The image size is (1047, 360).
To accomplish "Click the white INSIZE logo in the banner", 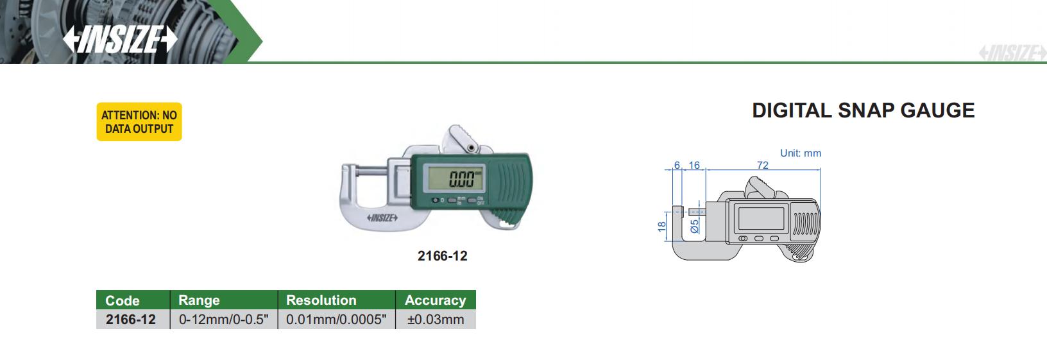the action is click(x=120, y=39).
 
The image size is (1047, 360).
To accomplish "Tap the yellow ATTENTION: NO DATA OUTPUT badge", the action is click(x=139, y=121).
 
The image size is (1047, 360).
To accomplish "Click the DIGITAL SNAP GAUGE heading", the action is click(x=864, y=110).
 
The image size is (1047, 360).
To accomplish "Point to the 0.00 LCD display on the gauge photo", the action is click(x=454, y=178).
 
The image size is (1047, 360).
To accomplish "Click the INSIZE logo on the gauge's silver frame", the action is click(x=382, y=218).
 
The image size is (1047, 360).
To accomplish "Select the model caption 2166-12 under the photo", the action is click(x=442, y=256).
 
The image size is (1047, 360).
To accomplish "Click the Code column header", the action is click(x=123, y=300).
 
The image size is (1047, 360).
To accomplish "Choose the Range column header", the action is click(x=199, y=300).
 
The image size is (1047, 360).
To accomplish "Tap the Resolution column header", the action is click(x=321, y=300).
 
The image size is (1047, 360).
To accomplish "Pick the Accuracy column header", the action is click(x=435, y=300).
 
